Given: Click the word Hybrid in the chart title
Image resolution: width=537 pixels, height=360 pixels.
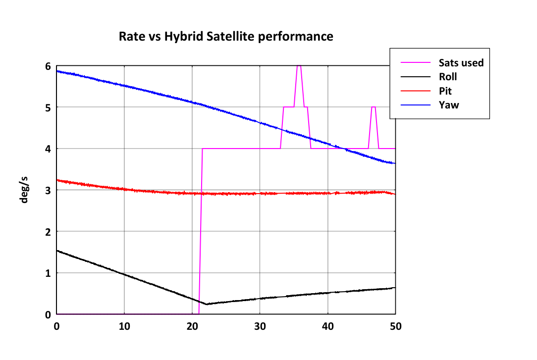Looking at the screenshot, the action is click(x=184, y=37).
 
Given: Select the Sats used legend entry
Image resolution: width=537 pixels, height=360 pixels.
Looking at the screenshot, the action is click(x=442, y=62).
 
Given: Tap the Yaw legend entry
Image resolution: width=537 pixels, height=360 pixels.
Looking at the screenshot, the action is click(x=430, y=104).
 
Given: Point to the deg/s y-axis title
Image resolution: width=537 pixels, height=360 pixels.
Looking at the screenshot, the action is click(x=24, y=190).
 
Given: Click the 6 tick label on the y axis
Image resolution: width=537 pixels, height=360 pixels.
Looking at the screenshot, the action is click(x=48, y=66).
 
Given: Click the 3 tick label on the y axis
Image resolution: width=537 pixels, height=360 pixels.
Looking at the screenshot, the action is click(x=48, y=191).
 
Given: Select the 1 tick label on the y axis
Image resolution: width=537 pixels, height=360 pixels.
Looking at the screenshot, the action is click(x=48, y=273).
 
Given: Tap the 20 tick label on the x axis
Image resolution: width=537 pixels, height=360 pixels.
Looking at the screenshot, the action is click(x=192, y=326).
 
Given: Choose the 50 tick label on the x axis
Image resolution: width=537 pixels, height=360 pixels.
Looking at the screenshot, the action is click(x=395, y=326).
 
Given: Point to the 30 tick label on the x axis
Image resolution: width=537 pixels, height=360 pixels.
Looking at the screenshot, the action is click(x=260, y=326).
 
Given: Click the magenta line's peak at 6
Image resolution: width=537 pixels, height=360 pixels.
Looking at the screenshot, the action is click(x=299, y=65).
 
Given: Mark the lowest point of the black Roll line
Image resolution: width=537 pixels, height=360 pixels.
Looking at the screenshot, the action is click(x=206, y=304).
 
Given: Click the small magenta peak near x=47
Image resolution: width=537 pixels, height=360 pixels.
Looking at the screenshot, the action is click(x=374, y=107).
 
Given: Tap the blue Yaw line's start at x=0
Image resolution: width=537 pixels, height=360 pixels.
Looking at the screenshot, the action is click(x=57, y=71).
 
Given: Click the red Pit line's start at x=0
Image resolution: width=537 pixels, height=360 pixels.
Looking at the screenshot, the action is click(x=57, y=180).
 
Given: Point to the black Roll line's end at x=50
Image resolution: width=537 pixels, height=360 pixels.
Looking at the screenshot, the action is click(x=395, y=288).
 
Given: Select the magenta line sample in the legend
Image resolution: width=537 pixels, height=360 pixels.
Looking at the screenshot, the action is click(x=416, y=62).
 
